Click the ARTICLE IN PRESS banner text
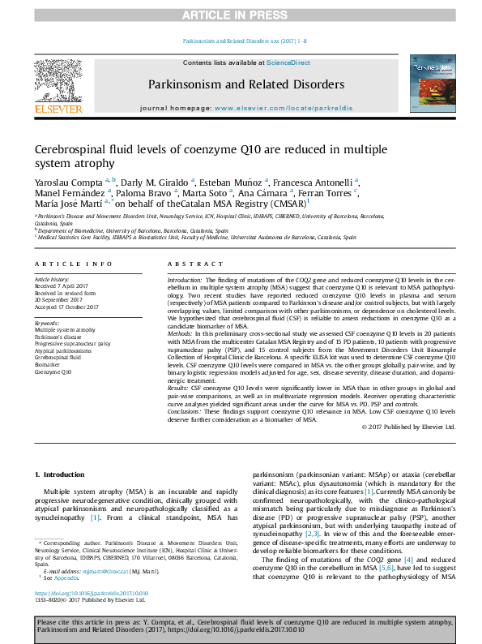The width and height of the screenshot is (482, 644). (241, 15)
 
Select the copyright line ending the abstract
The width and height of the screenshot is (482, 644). (408, 427)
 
